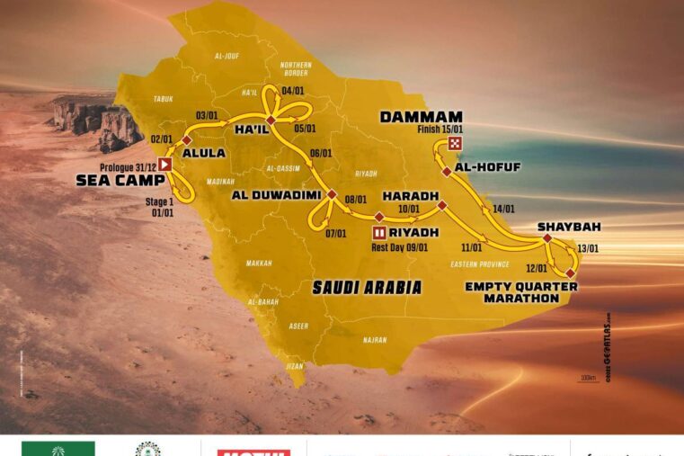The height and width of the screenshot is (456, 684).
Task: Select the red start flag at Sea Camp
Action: [x=165, y=165]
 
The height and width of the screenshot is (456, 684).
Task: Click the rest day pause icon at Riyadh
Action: [x=378, y=232]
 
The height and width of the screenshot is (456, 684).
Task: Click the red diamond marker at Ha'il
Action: [x=270, y=120]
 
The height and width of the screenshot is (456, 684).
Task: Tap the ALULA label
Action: [x=203, y=153]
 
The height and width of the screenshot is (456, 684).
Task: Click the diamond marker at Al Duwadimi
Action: [x=331, y=194]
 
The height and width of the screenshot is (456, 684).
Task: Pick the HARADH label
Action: [x=410, y=195]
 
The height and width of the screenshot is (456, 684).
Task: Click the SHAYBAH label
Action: [x=569, y=227]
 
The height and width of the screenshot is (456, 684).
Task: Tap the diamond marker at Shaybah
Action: [x=546, y=238]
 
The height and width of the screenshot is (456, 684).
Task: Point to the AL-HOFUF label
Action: [x=488, y=167]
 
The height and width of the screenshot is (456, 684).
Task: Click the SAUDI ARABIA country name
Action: [x=366, y=288]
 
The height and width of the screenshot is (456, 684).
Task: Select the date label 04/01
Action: [x=293, y=90]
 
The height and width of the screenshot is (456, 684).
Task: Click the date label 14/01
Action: [x=504, y=209]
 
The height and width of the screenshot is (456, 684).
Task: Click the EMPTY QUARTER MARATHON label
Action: [x=521, y=292]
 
